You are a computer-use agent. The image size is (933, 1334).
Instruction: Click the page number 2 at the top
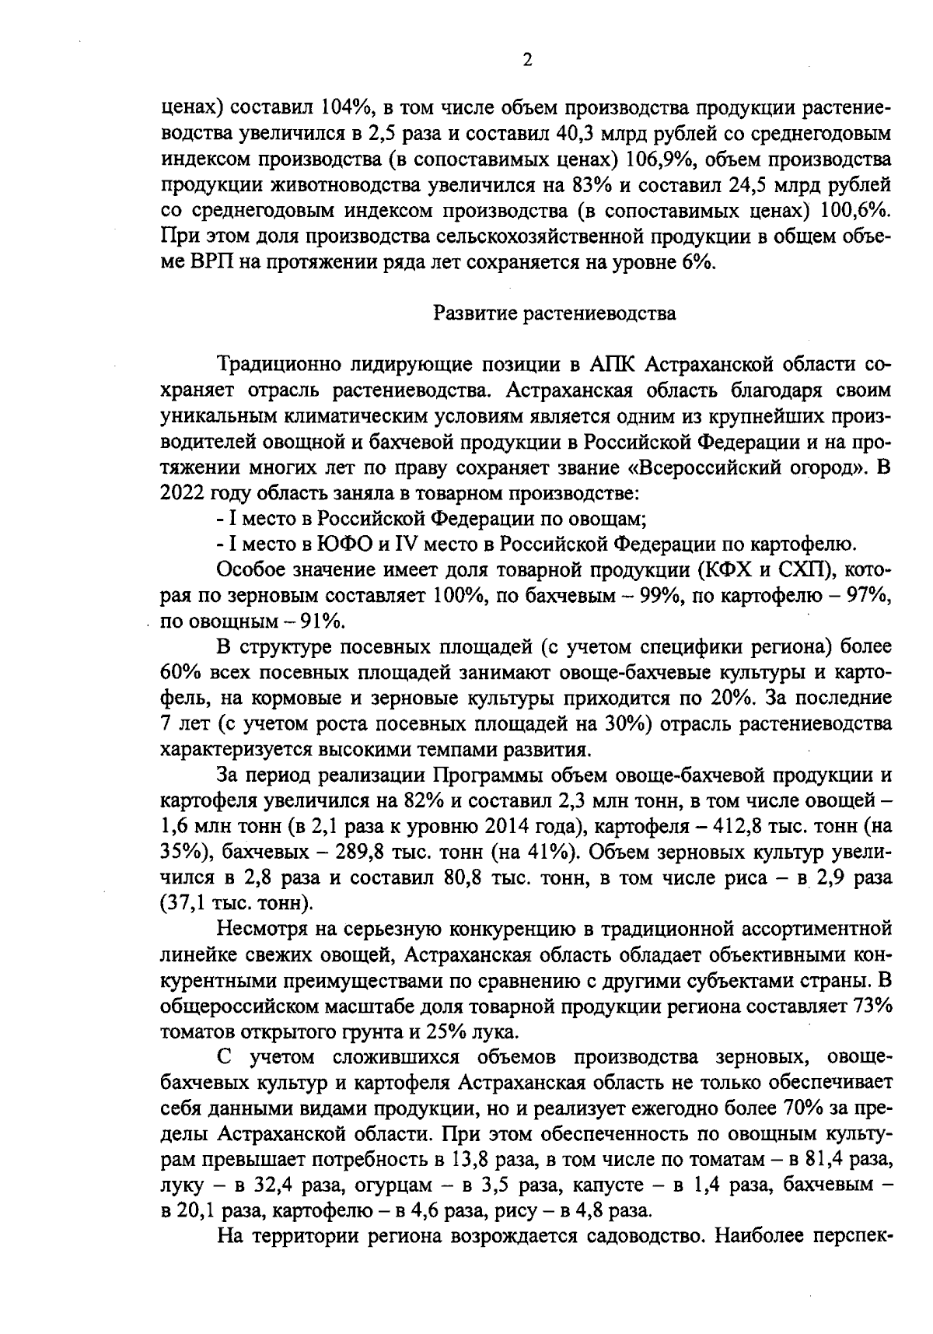tap(526, 61)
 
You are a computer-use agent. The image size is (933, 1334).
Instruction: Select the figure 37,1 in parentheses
tap(184, 903)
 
